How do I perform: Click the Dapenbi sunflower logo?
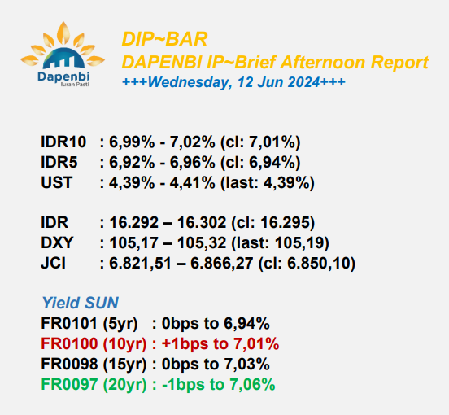[63, 54]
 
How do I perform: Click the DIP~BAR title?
[164, 39]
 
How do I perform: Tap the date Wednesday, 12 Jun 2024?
[233, 82]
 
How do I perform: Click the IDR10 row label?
[63, 142]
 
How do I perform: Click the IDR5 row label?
[59, 163]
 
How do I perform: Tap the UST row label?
[57, 182]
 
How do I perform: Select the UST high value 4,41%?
[192, 183]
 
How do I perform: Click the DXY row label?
[57, 242]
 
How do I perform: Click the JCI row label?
[53, 263]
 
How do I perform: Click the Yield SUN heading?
[81, 303]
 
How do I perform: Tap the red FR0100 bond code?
[69, 343]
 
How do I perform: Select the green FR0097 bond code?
[69, 384]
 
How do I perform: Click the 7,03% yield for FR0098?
[246, 364]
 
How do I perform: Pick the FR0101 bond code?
[69, 323]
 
